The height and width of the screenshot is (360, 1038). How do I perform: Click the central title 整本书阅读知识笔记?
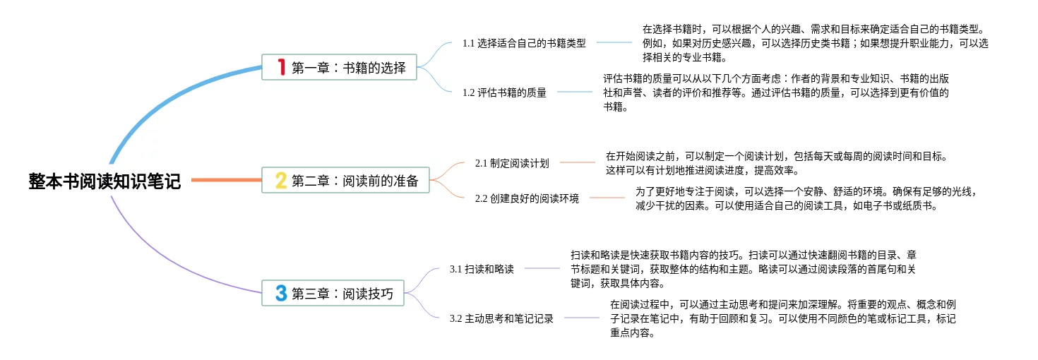point(105,181)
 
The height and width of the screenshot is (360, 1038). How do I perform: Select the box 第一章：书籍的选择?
point(339,68)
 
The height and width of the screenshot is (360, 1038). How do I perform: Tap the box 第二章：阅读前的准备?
point(345,181)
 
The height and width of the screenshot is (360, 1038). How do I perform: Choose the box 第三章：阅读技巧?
point(333,294)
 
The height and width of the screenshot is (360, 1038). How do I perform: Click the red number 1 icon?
point(281,68)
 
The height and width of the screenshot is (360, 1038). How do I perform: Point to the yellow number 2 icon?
point(281,181)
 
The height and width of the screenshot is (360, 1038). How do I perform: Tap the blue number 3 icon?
point(281,294)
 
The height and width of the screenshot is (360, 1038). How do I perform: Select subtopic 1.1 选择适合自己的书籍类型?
point(524,43)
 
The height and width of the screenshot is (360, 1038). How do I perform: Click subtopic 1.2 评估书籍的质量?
point(504,92)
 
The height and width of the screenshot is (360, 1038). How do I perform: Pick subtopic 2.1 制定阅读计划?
point(512,163)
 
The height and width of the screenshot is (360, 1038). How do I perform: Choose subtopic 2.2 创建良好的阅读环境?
point(527,198)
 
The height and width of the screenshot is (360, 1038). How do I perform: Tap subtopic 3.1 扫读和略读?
point(482,269)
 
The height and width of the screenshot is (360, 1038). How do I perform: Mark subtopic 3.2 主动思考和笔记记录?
point(501,318)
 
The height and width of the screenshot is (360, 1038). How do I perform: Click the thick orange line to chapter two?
point(226,181)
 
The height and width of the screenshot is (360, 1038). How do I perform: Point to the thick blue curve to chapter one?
point(162,95)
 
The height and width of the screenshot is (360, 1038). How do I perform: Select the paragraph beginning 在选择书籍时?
point(815,43)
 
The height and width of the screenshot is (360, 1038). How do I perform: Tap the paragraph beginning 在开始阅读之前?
point(776,163)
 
